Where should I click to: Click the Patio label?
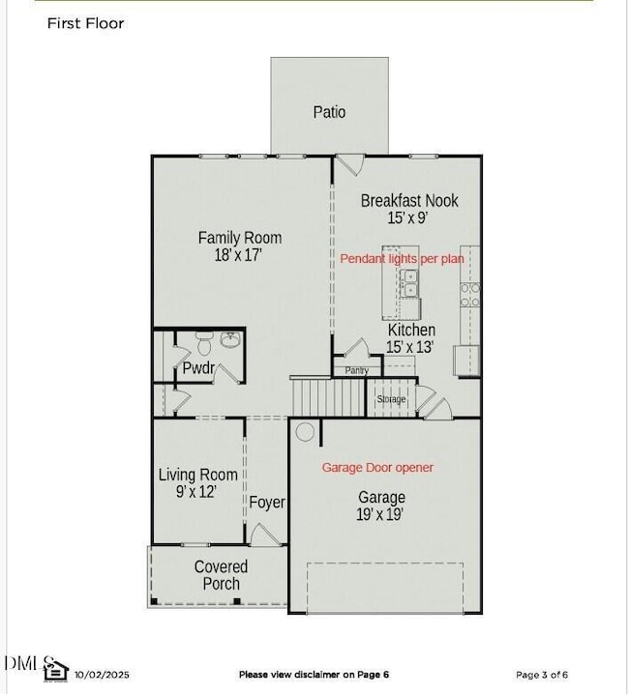click(329, 112)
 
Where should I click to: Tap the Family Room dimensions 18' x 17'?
click(238, 255)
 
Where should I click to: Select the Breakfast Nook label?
click(409, 200)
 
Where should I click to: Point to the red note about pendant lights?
click(402, 258)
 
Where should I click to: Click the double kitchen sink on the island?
click(409, 283)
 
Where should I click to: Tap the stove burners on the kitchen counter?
click(470, 295)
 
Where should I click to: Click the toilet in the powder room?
click(204, 343)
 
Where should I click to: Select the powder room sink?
click(230, 340)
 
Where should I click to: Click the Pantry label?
click(357, 370)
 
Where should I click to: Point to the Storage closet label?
click(391, 399)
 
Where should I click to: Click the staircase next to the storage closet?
click(328, 397)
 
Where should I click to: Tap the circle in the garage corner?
click(305, 431)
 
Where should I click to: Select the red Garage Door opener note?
click(377, 468)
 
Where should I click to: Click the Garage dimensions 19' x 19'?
click(380, 514)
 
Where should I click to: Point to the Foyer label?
click(267, 503)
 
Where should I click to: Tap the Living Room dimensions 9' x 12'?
click(196, 491)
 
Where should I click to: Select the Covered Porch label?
click(221, 575)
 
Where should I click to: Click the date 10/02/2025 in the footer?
click(102, 675)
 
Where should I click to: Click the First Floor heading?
click(85, 23)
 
